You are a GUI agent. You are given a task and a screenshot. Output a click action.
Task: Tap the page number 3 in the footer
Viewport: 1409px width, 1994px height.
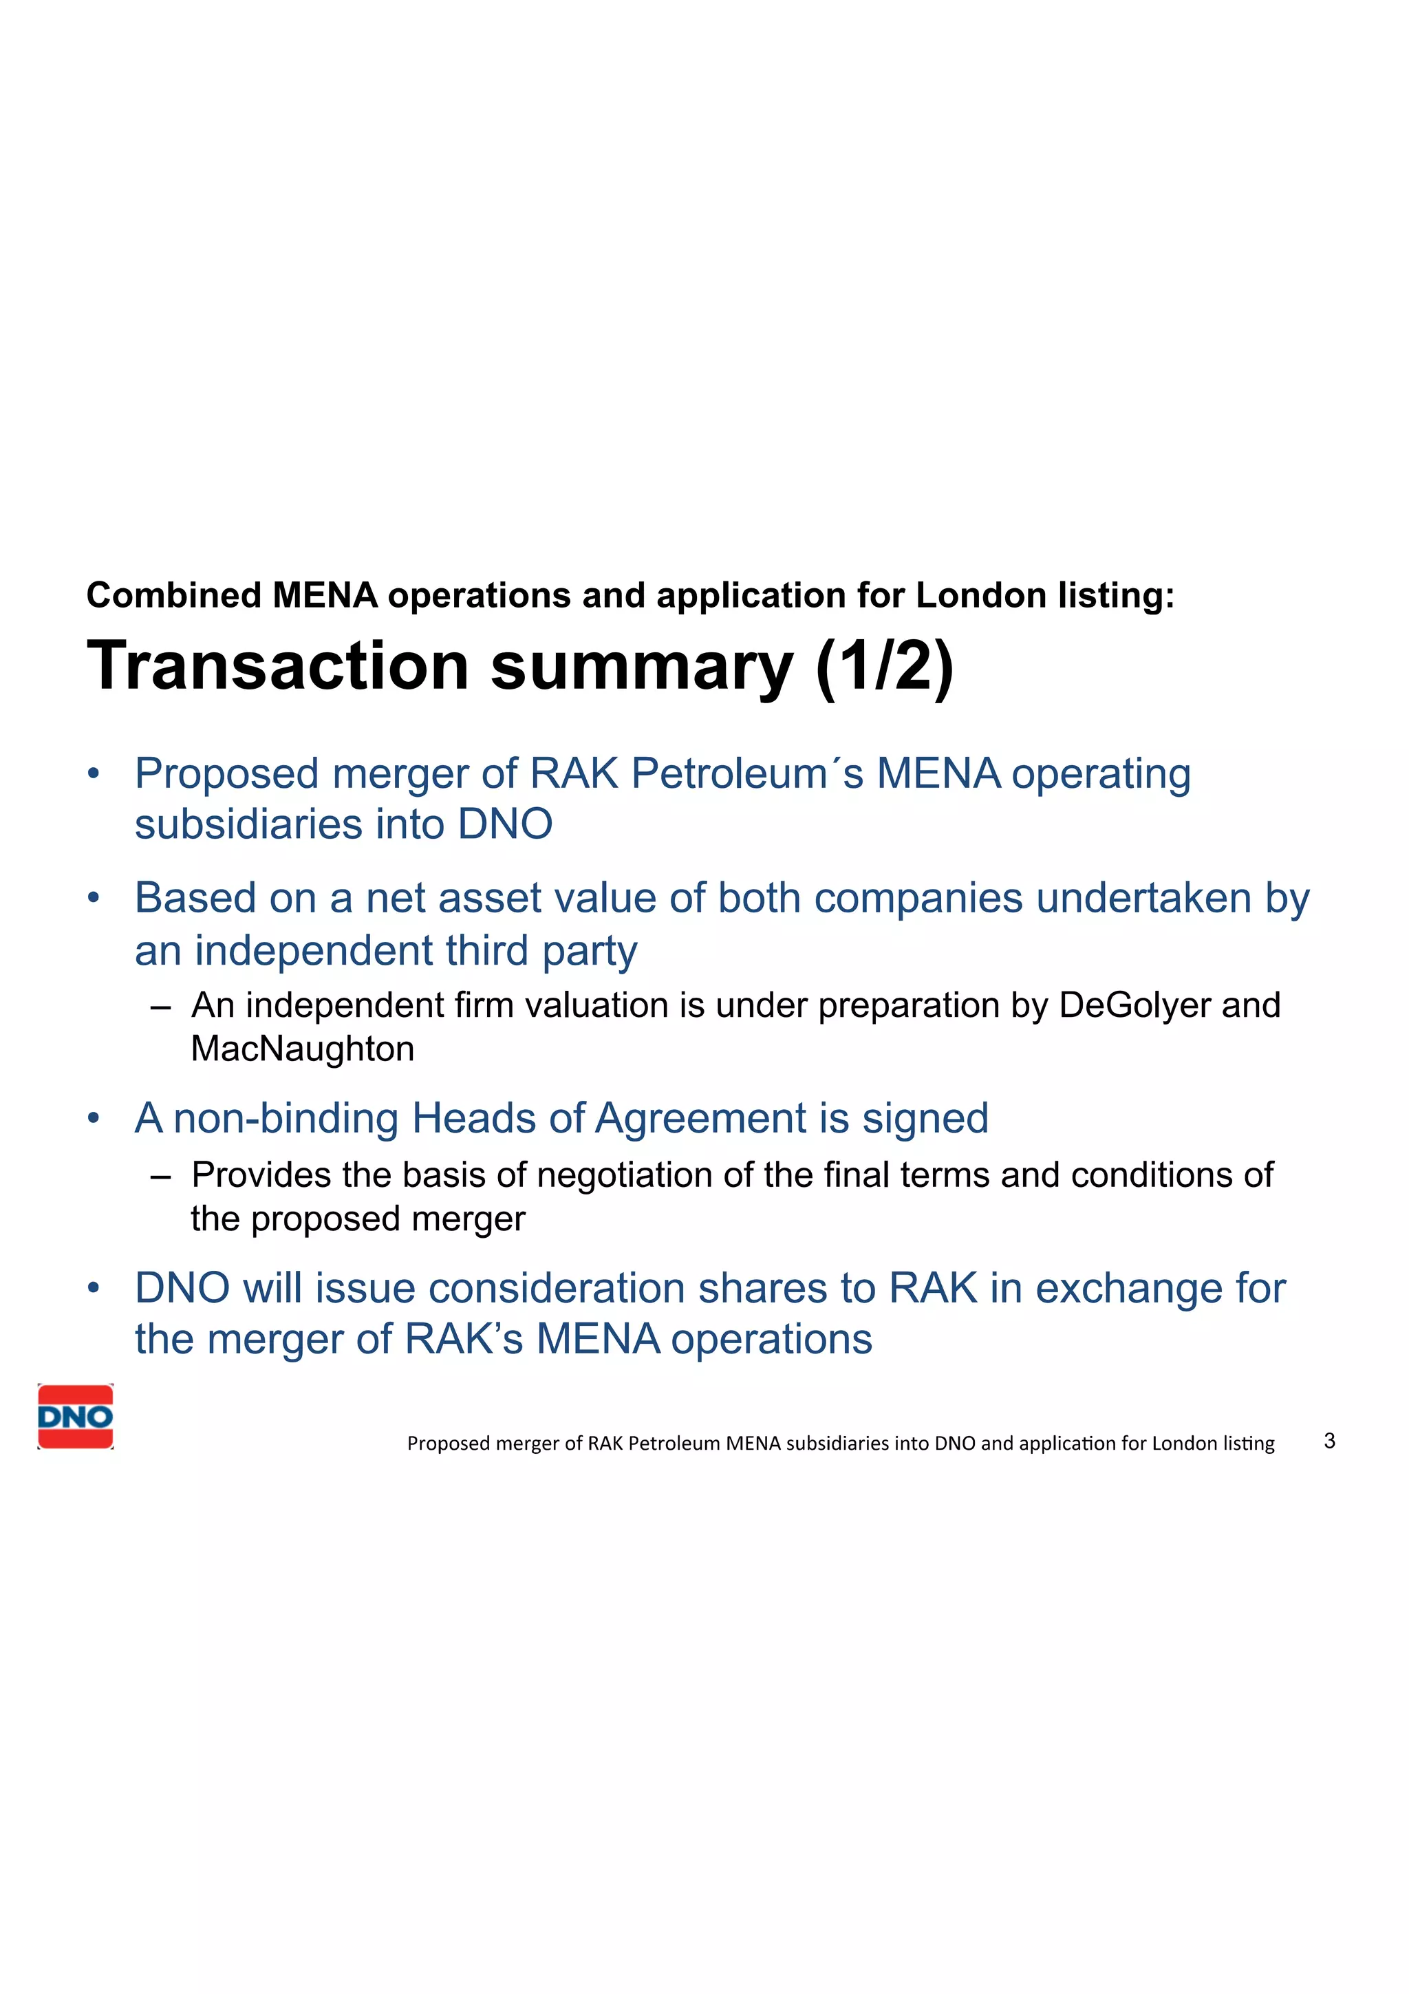coord(1329,1441)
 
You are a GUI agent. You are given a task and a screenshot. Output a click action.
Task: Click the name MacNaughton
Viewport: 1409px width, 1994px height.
coord(302,1049)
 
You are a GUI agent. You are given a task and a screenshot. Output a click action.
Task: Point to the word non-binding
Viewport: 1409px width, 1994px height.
coord(286,1119)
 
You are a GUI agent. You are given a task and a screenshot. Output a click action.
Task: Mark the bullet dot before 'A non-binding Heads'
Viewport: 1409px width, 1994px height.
coord(94,1119)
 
